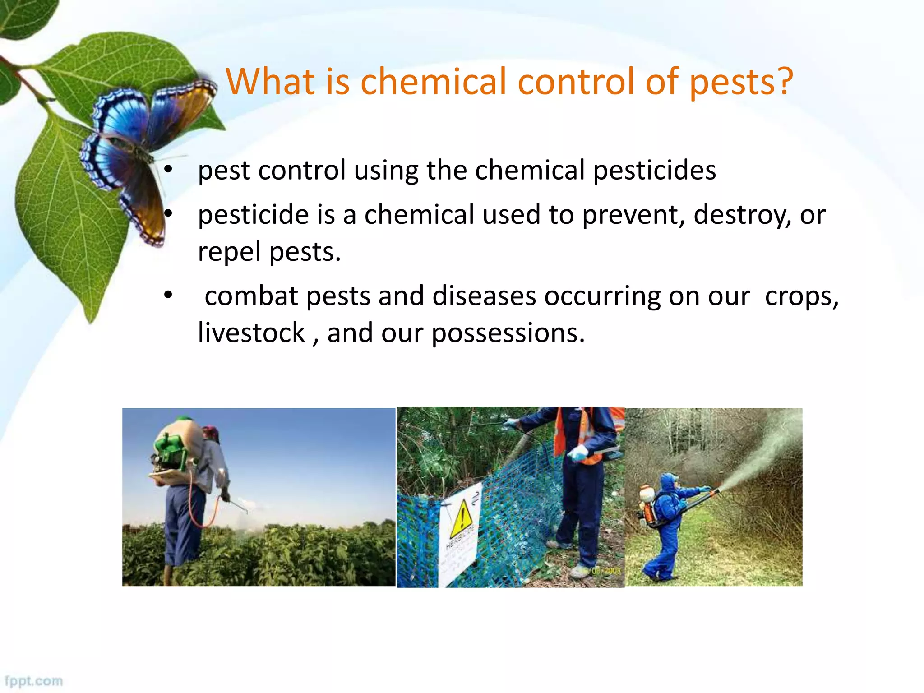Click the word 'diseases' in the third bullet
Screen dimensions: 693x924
[x=484, y=296]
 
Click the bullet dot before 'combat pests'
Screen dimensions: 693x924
[x=168, y=296]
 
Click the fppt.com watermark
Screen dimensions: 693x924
[x=34, y=680]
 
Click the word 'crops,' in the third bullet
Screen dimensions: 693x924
[x=801, y=297]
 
